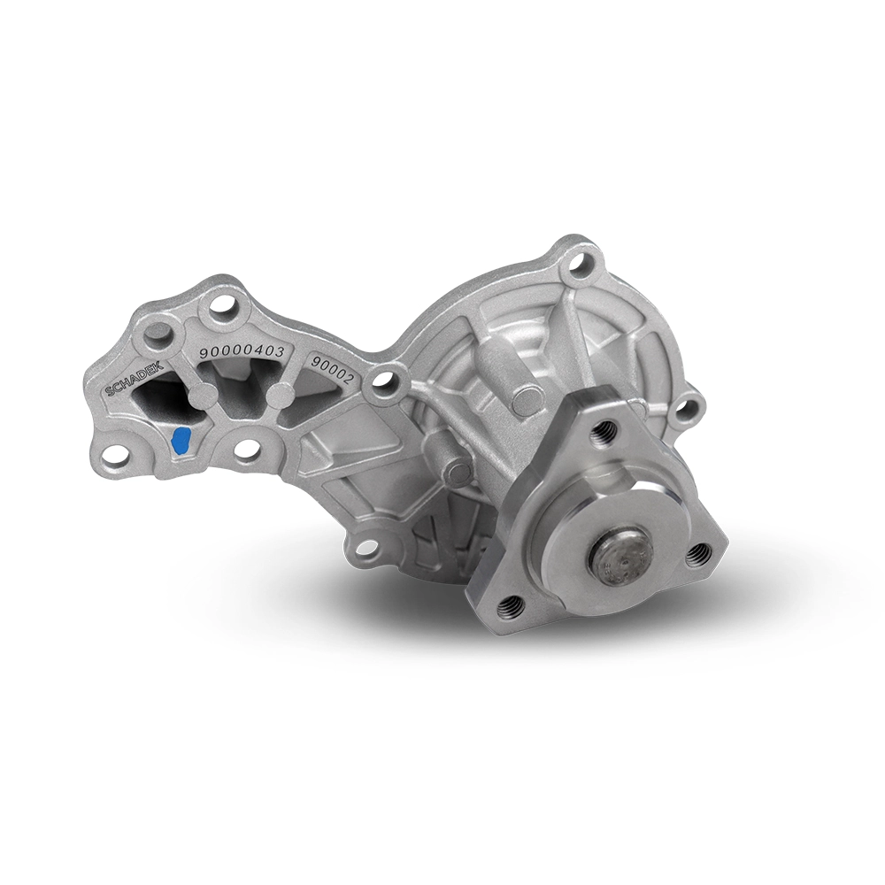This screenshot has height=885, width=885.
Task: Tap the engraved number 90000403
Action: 241,351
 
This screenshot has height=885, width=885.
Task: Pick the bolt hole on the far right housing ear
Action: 686,410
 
